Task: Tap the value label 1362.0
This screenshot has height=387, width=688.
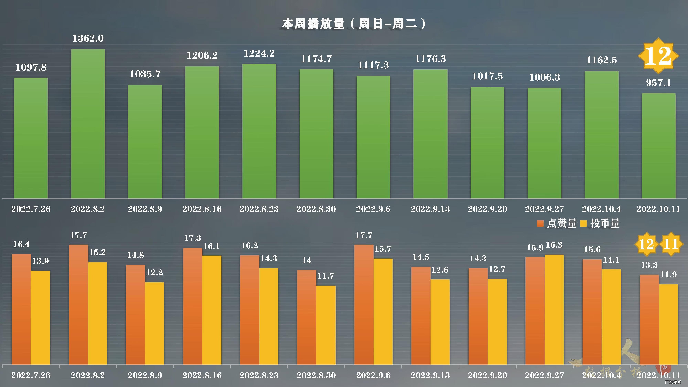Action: tap(88, 39)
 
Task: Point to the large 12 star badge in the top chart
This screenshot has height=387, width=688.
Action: tap(658, 56)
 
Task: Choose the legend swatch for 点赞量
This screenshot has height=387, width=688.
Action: tap(540, 223)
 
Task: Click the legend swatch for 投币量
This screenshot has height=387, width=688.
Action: tap(584, 223)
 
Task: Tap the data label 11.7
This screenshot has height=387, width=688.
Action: tap(326, 276)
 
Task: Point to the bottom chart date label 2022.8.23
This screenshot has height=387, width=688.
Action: tap(259, 375)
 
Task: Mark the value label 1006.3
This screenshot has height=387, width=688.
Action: tap(544, 77)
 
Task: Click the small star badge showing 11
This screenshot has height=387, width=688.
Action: tap(671, 244)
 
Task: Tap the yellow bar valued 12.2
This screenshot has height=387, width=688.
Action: tap(154, 323)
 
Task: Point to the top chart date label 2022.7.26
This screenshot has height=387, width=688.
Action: tap(31, 209)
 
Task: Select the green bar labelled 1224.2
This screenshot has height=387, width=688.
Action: tap(259, 131)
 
